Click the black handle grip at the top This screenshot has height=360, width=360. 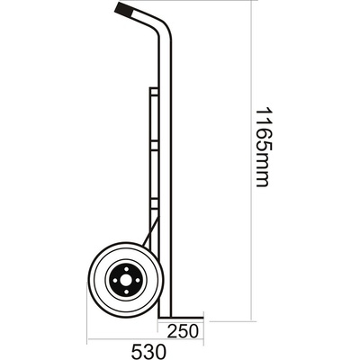click(x=128, y=13)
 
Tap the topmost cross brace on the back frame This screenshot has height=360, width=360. click(x=155, y=87)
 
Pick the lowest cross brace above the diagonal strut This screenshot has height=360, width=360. click(x=155, y=200)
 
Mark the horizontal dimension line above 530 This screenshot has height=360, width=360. click(x=144, y=341)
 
